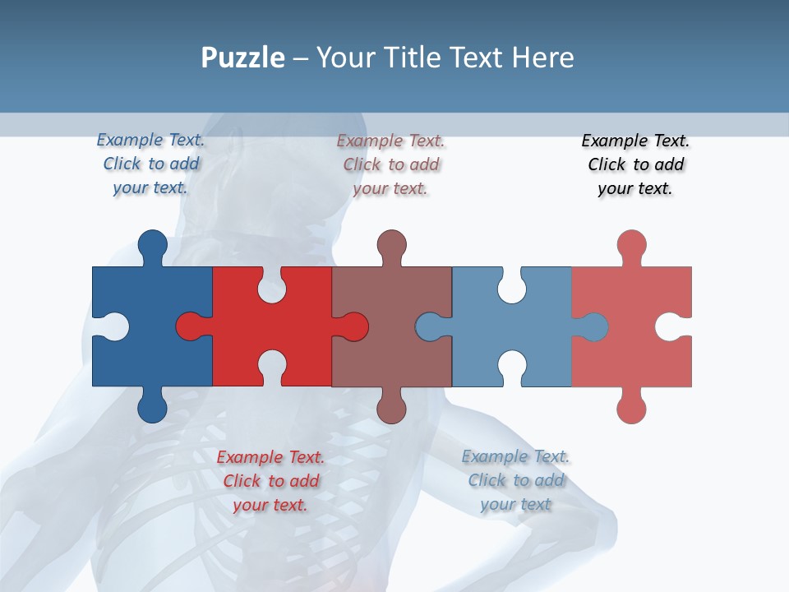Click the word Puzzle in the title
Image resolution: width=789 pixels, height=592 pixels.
242,58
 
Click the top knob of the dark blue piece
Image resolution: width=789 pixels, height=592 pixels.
152,245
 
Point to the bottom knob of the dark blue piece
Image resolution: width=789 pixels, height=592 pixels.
152,408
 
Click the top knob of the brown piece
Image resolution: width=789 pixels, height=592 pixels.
392,245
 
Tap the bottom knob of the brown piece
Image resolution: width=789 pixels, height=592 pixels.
392,408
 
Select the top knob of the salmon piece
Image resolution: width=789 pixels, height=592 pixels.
631,245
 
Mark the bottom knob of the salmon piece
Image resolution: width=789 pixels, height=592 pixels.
631,408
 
